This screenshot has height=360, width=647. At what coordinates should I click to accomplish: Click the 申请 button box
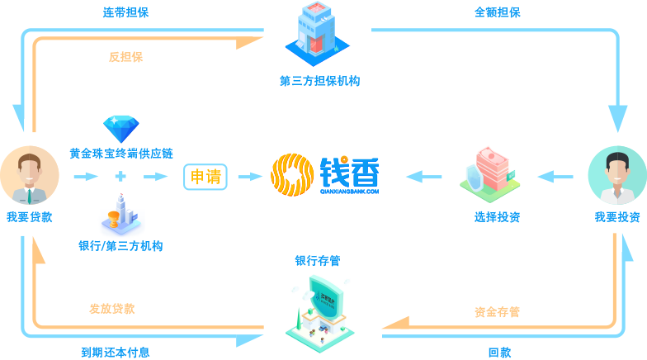pos(205,177)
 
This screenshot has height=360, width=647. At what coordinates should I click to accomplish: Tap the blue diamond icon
pos(120,129)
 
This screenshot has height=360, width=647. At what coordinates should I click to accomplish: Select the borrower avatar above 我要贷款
pos(30,175)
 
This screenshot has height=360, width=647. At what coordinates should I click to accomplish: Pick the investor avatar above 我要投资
pos(617,175)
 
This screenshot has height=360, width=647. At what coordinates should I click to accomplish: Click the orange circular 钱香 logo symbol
pos(292,175)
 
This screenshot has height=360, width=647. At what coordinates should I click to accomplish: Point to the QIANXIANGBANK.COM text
pos(350,192)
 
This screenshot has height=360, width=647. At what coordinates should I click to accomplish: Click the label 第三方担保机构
pos(320,81)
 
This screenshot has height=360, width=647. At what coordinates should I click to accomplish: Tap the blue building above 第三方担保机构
pos(317,34)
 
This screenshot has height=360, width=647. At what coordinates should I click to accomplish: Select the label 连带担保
pos(125,12)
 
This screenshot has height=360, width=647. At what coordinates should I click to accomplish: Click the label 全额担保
pos(498,12)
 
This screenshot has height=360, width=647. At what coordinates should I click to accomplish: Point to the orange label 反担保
pos(125,57)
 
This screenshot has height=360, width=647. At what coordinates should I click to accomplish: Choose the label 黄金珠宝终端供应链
pos(121,154)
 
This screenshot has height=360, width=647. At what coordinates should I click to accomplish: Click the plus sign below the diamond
pos(120,177)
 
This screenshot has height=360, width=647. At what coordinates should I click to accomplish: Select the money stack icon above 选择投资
pos(490,174)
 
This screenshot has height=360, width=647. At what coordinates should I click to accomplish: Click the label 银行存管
pos(318,261)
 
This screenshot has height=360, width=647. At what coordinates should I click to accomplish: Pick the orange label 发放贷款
pos(112,309)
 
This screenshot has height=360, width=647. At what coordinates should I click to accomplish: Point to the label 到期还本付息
pos(116,352)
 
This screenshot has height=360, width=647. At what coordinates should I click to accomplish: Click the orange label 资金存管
pos(497,312)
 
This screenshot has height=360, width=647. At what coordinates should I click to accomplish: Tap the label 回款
pos(500,352)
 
